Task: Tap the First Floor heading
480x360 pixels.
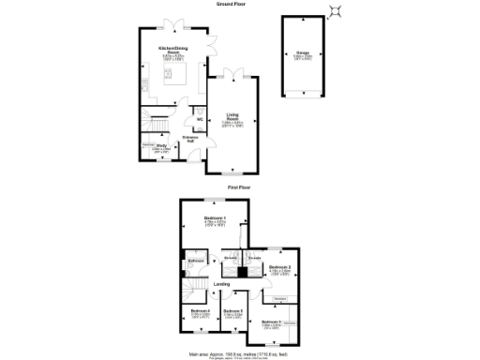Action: click(239, 187)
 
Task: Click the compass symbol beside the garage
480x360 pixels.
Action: click(336, 11)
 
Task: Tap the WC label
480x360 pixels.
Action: click(200, 119)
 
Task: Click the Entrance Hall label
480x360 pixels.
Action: click(188, 140)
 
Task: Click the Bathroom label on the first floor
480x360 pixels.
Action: click(197, 260)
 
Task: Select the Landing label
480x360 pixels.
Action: click(221, 283)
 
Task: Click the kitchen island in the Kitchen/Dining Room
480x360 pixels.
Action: click(175, 89)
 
